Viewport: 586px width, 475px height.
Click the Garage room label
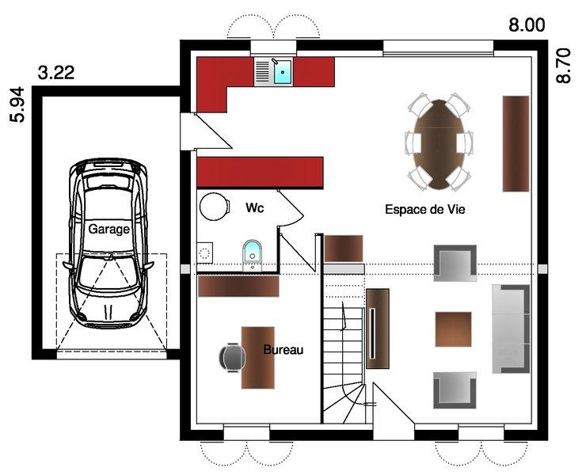click(x=108, y=229)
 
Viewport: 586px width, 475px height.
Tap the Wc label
click(x=254, y=207)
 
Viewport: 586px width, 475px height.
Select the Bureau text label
click(x=283, y=350)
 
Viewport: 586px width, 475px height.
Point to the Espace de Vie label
click(x=425, y=209)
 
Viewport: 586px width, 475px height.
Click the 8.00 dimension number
click(x=527, y=25)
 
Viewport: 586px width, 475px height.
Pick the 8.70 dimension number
click(x=564, y=66)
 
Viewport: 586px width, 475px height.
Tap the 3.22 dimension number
click(x=56, y=73)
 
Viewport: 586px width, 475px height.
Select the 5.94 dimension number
click(x=17, y=104)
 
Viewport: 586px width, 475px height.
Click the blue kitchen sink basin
click(x=283, y=72)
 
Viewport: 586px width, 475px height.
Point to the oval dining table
click(x=439, y=144)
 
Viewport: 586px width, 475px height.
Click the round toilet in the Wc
click(x=214, y=207)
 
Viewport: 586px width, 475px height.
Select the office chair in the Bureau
click(x=232, y=357)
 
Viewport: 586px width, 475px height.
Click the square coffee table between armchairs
click(x=453, y=329)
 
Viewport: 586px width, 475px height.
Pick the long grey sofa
click(x=511, y=329)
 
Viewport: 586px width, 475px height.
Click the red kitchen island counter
click(x=260, y=172)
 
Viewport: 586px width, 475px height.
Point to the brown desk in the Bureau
click(x=258, y=358)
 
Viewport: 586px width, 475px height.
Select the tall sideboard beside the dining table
click(x=516, y=144)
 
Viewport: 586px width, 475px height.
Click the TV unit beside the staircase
click(x=378, y=329)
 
